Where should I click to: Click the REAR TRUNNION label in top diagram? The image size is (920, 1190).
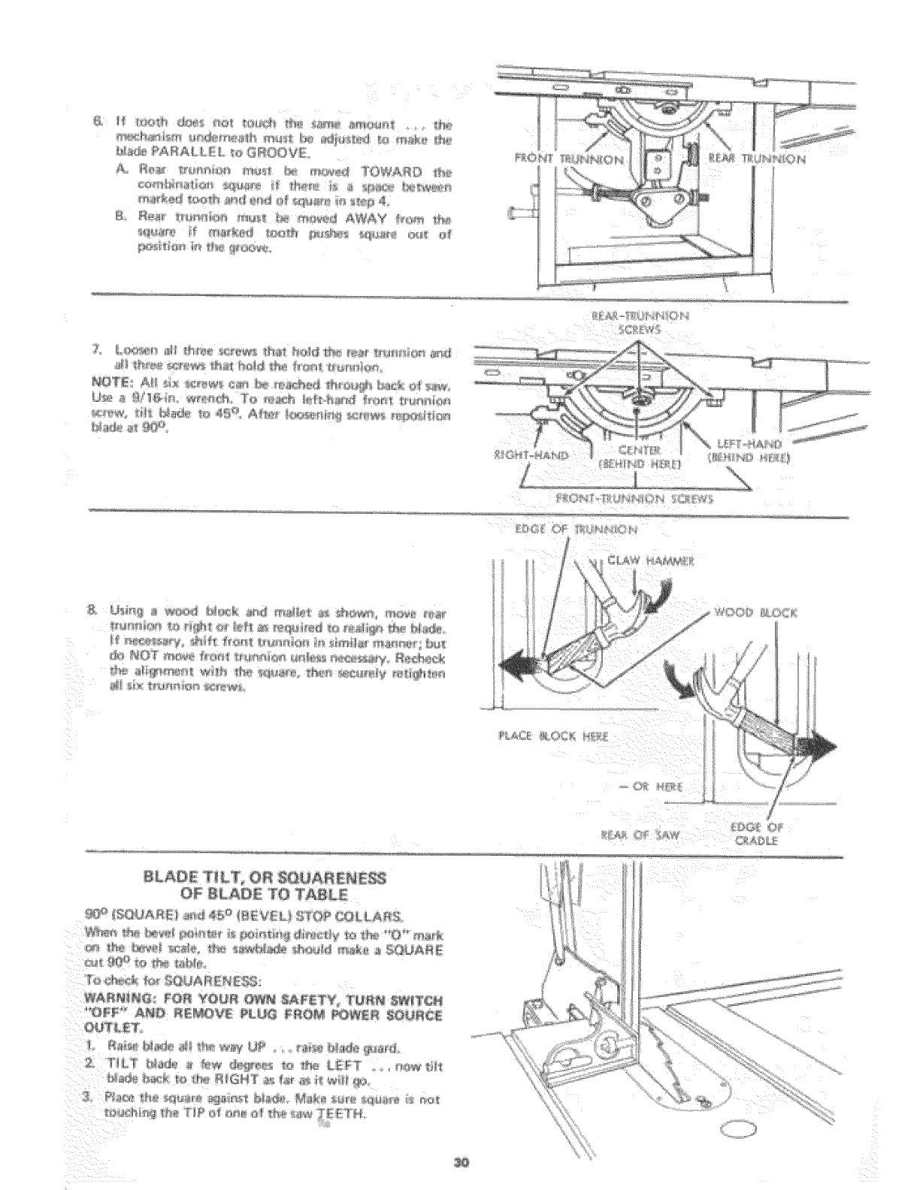[x=757, y=158]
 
